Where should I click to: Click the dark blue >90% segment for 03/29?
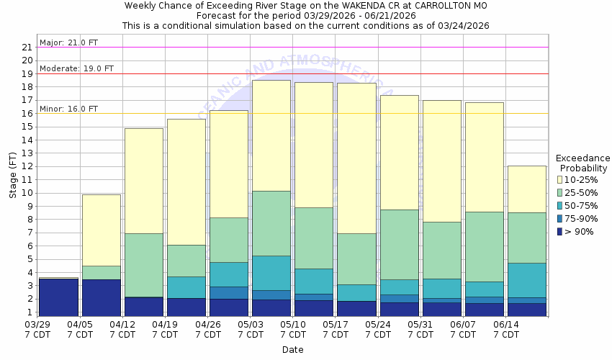click(x=58, y=297)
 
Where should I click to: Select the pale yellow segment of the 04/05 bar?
click(x=101, y=230)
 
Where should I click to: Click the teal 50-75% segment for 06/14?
click(x=526, y=280)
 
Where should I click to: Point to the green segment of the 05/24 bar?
click(x=399, y=244)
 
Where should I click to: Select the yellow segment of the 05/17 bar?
click(x=356, y=158)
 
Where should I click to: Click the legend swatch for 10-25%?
click(x=559, y=179)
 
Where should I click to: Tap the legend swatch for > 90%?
click(x=559, y=231)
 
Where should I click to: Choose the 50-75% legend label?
click(x=583, y=205)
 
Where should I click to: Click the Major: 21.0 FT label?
click(x=68, y=42)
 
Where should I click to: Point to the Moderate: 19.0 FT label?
click(x=76, y=69)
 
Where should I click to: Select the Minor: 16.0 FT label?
click(x=68, y=109)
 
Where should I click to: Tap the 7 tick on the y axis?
click(x=30, y=233)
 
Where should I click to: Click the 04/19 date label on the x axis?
click(x=166, y=329)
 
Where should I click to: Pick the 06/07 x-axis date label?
click(x=463, y=329)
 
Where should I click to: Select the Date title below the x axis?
click(x=292, y=350)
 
